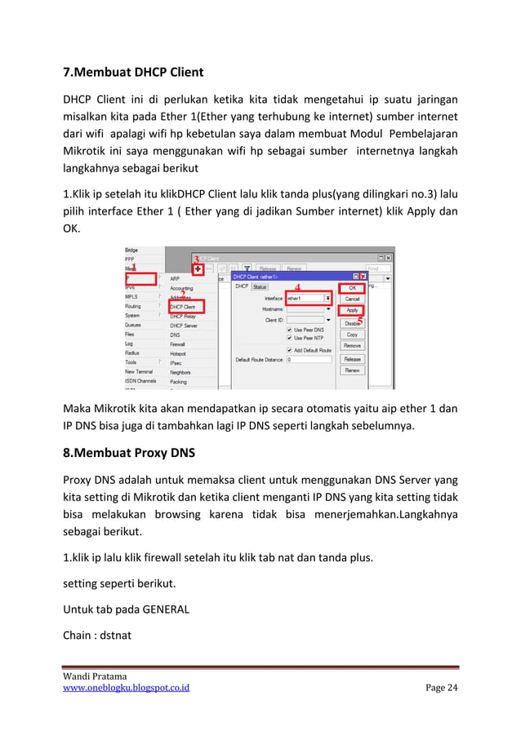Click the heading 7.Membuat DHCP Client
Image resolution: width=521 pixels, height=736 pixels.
[133, 72]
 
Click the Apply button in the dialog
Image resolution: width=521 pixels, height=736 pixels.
[352, 311]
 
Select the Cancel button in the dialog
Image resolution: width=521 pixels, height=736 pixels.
[352, 299]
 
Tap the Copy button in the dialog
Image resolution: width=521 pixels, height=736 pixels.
[352, 335]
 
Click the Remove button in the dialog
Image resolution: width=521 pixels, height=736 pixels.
[352, 346]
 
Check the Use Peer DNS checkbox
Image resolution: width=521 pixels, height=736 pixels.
[289, 330]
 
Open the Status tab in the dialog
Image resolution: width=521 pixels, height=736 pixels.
[259, 286]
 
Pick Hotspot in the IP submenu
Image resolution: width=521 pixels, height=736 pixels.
[179, 353]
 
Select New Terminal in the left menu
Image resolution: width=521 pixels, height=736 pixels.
[138, 371]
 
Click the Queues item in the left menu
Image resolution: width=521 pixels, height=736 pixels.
[132, 326]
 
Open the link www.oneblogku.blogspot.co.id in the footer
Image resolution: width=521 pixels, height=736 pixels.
[127, 688]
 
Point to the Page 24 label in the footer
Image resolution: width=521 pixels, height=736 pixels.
[442, 688]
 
